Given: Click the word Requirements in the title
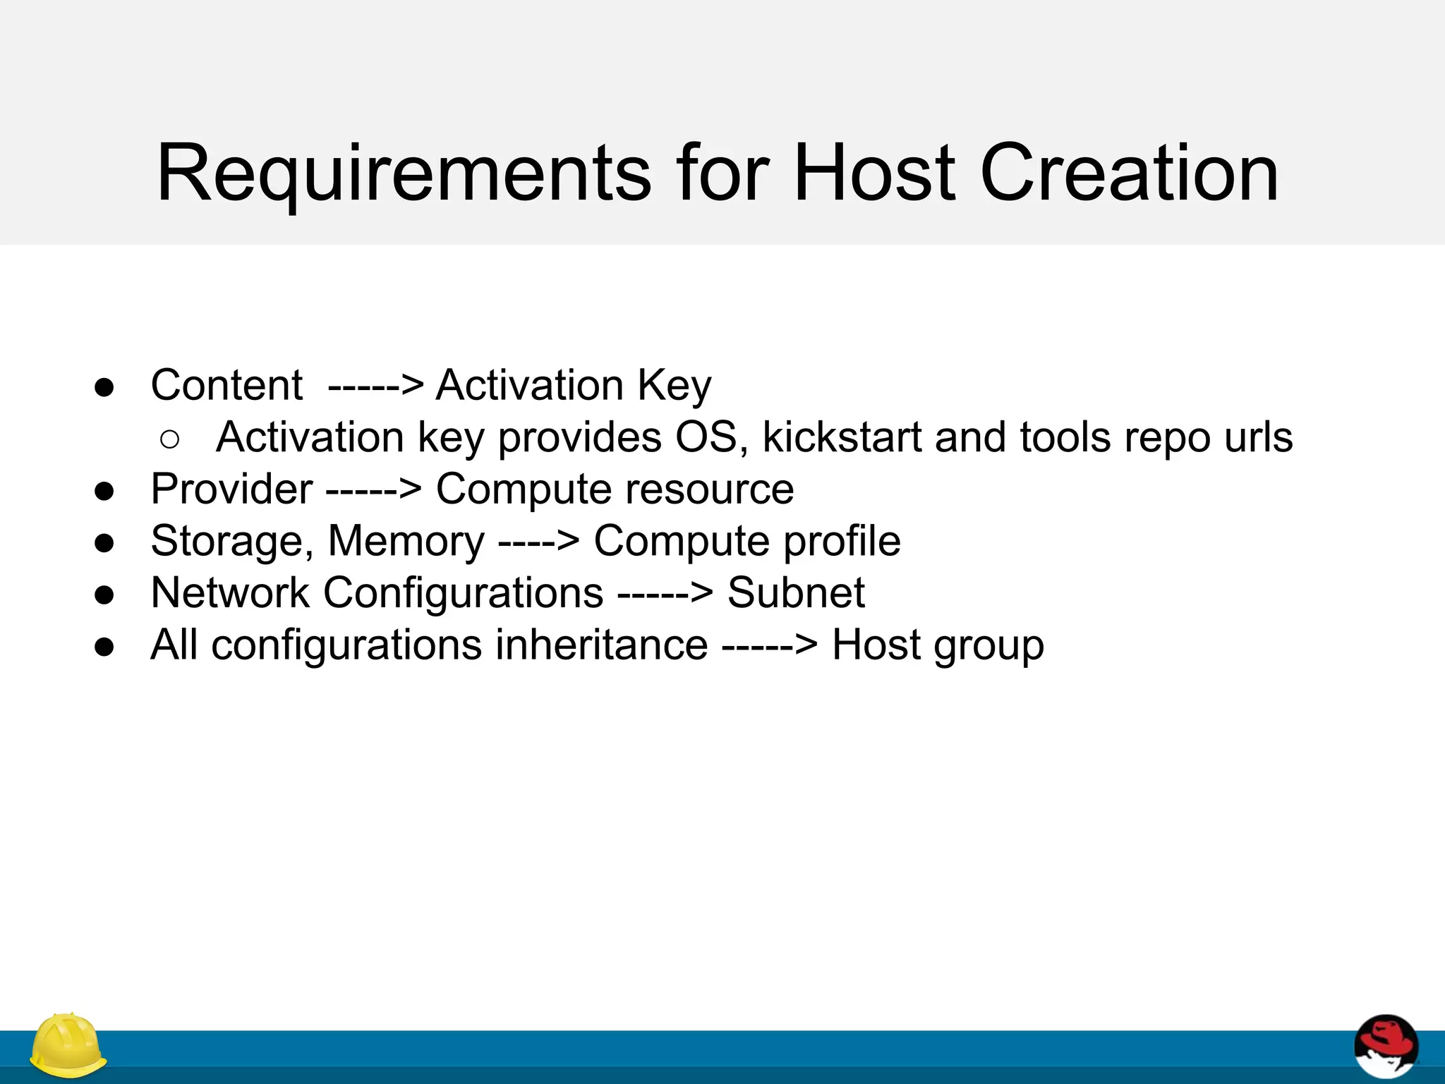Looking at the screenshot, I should [x=403, y=174].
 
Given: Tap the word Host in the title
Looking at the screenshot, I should [x=874, y=174].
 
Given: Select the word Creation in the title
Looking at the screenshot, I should [x=1129, y=174].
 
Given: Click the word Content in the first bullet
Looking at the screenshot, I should [x=226, y=386].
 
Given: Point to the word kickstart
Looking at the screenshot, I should [x=842, y=437].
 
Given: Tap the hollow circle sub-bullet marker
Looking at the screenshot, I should [x=170, y=440].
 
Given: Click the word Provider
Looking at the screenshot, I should [x=231, y=489].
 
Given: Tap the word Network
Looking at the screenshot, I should [x=230, y=592].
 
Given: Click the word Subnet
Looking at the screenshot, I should [x=795, y=592].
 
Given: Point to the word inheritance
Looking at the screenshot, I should [x=601, y=645].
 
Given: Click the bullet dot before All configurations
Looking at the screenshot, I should [x=104, y=646].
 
